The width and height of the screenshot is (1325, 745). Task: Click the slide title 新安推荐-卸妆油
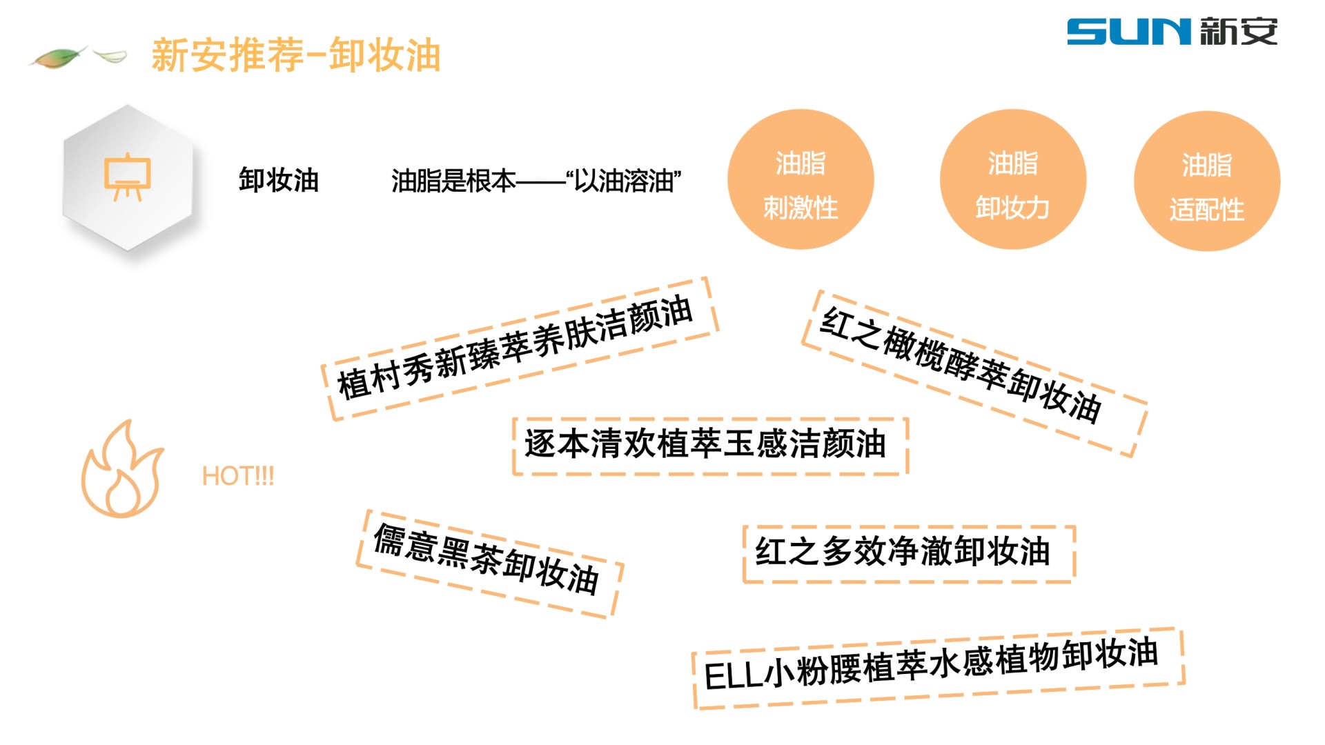(x=295, y=55)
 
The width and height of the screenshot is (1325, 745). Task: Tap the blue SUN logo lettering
(x=1129, y=32)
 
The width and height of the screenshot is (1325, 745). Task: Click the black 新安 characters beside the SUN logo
(x=1238, y=32)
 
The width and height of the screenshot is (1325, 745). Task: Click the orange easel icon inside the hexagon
(x=127, y=177)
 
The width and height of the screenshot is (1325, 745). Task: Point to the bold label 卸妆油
(x=278, y=180)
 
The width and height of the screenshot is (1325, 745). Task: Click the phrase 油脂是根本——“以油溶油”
(x=536, y=181)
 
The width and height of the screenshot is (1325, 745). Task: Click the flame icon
(x=121, y=470)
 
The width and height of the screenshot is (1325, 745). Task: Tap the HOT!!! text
(x=238, y=476)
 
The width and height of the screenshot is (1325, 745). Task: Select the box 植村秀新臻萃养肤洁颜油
(x=519, y=348)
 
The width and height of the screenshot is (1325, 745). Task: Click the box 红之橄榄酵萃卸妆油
(x=973, y=372)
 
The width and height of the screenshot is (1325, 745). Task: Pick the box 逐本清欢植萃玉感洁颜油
(x=709, y=445)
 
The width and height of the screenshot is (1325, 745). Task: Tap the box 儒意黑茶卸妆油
(x=489, y=562)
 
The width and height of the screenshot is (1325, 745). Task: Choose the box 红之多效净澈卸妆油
(x=908, y=553)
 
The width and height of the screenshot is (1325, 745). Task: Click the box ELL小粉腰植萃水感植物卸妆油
(x=937, y=667)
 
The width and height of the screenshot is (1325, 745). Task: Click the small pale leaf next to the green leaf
(x=110, y=55)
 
